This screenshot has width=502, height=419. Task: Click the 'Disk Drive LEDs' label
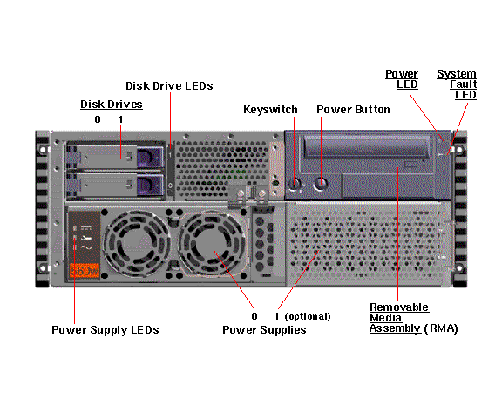(x=169, y=86)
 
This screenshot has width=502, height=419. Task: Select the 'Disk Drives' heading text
(x=112, y=105)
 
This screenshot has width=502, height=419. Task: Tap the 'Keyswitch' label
(x=270, y=110)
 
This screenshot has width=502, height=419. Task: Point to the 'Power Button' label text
(x=354, y=110)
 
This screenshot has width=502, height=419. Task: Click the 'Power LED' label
(x=402, y=79)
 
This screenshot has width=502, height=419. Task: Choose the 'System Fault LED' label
(x=458, y=84)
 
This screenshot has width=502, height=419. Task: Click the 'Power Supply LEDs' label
(x=105, y=330)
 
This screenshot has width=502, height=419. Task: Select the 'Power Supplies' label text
(x=264, y=330)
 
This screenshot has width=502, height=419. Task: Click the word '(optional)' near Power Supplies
(x=308, y=316)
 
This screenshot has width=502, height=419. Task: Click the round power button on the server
(x=321, y=184)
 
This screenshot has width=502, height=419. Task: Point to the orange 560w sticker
(x=85, y=271)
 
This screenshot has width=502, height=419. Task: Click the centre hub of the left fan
(x=137, y=244)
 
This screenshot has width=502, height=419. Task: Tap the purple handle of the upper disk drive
(x=150, y=157)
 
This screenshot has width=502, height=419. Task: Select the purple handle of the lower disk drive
(x=150, y=185)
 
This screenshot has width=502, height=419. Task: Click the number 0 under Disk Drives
(x=98, y=119)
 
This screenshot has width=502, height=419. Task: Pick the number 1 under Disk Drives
(x=120, y=119)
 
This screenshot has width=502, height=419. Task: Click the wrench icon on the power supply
(x=86, y=238)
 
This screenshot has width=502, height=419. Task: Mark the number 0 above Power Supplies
(x=254, y=316)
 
